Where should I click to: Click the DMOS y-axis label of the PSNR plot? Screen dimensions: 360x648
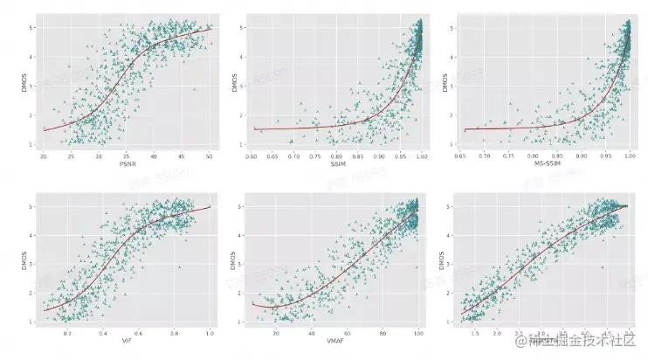pyautogui.click(x=24, y=85)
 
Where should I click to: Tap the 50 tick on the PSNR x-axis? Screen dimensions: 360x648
pyautogui.click(x=210, y=155)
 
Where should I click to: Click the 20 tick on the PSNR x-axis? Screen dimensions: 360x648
pyautogui.click(x=44, y=155)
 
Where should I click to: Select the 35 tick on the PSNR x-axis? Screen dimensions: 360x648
pyautogui.click(x=127, y=155)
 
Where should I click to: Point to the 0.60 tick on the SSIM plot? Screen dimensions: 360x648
pyautogui.click(x=252, y=155)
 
